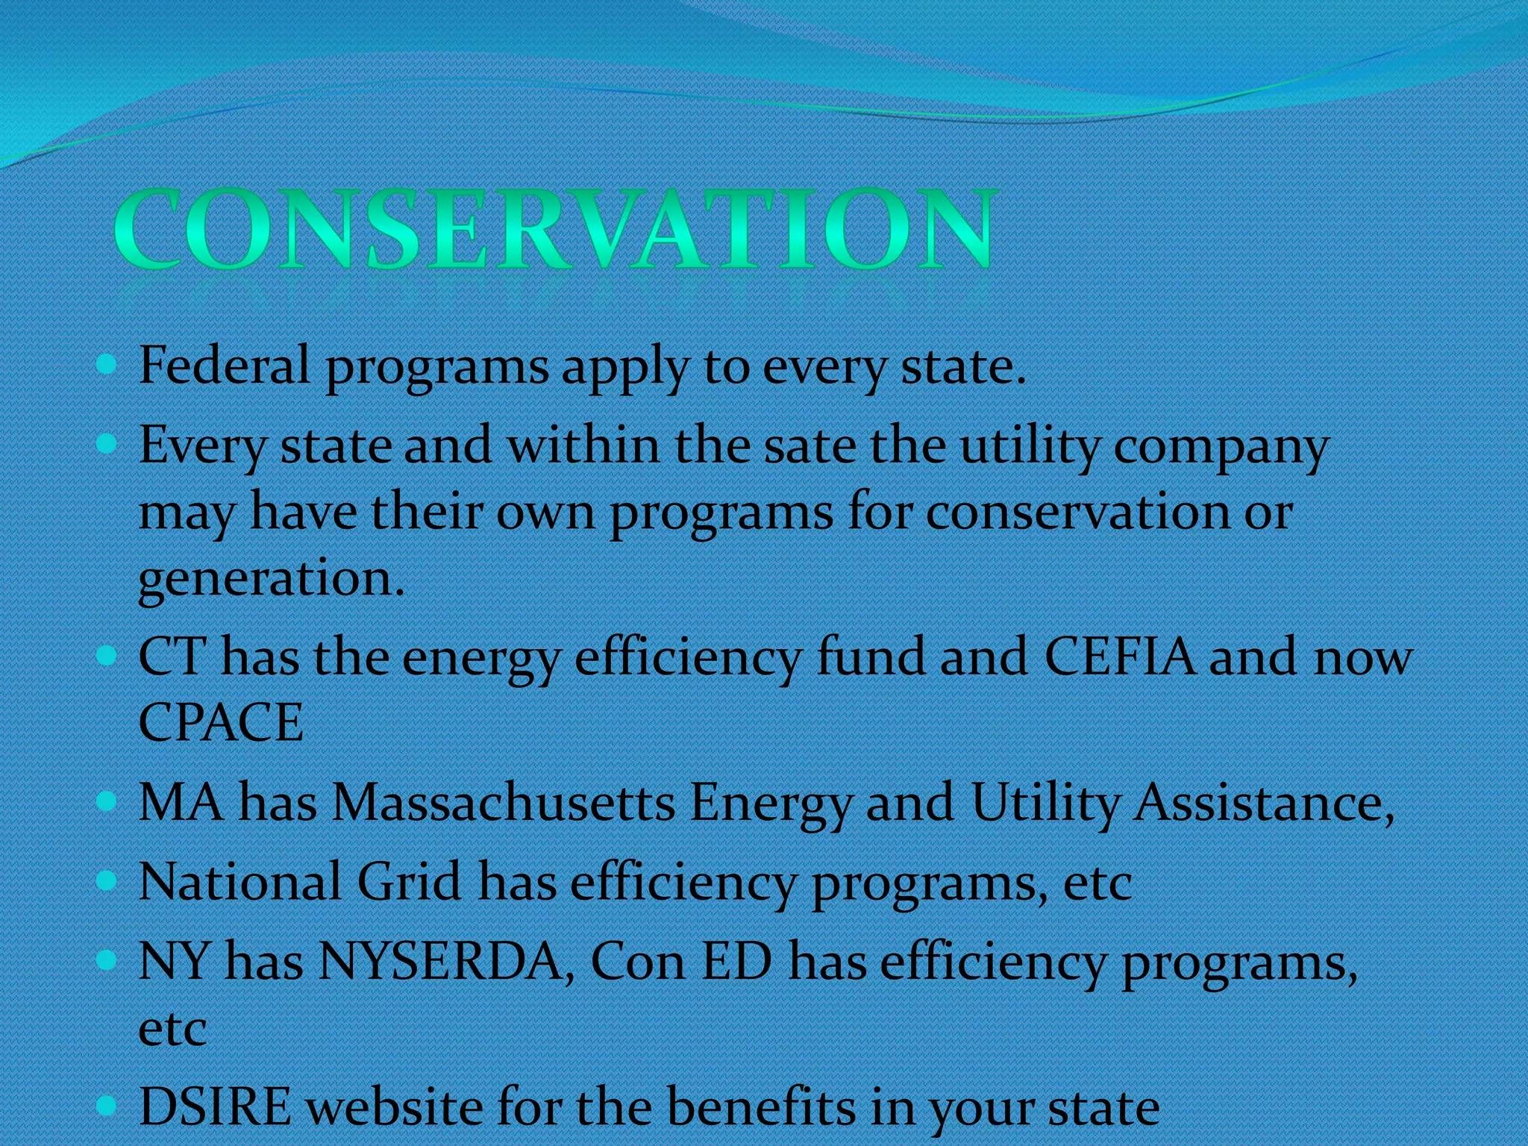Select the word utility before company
pos(1030,446)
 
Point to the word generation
pos(271,578)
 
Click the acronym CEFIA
pos(1119,657)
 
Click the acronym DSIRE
pos(216,1106)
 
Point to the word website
pos(396,1106)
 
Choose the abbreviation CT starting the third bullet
pos(172,657)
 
